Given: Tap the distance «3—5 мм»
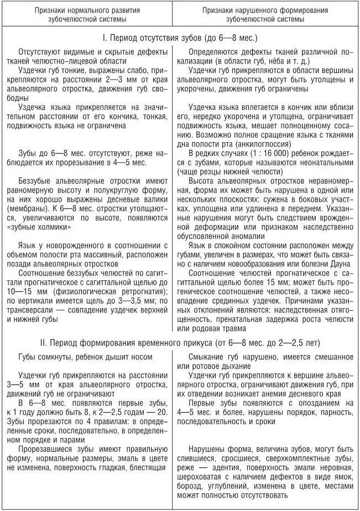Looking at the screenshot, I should point(27,384).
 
